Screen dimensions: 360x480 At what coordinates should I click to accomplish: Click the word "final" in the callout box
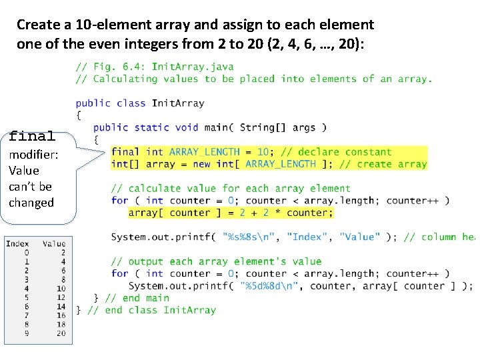click(x=32, y=137)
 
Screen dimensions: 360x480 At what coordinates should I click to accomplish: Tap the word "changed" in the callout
click(x=31, y=203)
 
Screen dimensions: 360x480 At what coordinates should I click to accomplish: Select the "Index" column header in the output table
click(x=17, y=244)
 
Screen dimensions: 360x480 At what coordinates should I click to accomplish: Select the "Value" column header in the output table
click(x=54, y=244)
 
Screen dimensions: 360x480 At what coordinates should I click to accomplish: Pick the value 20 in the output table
click(x=61, y=333)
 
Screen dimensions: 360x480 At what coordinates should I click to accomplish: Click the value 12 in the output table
click(x=61, y=297)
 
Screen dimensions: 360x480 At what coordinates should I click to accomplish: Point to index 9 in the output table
click(x=27, y=333)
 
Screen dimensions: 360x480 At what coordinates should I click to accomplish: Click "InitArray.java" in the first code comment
click(x=193, y=67)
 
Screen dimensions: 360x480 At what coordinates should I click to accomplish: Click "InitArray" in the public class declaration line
click(x=178, y=103)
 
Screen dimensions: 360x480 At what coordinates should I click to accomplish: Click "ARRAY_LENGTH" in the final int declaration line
click(x=204, y=152)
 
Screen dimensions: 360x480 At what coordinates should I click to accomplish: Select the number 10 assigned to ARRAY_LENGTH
click(x=263, y=152)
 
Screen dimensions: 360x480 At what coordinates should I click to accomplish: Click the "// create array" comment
click(x=383, y=164)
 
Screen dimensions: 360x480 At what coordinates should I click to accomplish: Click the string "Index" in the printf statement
click(x=309, y=237)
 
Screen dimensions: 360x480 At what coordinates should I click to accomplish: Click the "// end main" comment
click(x=137, y=298)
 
